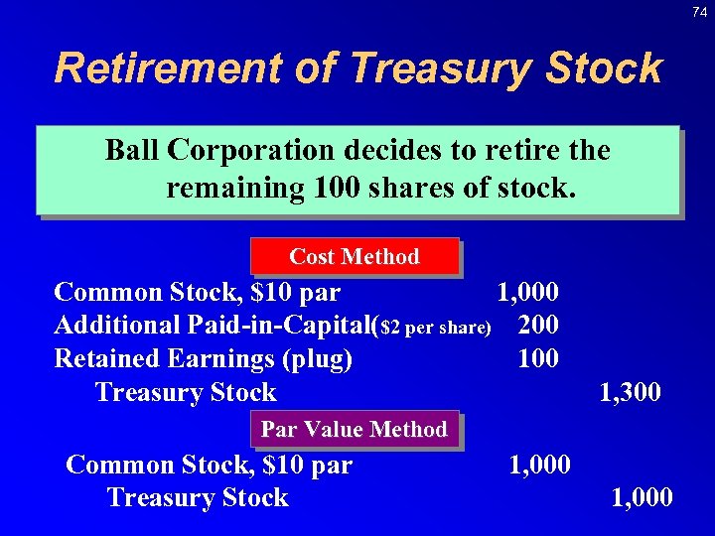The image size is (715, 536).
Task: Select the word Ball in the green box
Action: [133, 151]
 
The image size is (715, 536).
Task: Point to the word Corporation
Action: [251, 151]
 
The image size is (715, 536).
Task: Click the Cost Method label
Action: [355, 256]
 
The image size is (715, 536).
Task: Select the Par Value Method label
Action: [355, 429]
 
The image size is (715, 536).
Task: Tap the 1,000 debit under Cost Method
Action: [527, 292]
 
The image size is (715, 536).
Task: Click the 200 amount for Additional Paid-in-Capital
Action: [538, 325]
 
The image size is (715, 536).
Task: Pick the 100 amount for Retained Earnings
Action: [538, 358]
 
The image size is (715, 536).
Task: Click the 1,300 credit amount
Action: [630, 393]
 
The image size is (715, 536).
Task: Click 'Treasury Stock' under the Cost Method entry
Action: [186, 393]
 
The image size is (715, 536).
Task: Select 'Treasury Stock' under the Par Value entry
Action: [197, 497]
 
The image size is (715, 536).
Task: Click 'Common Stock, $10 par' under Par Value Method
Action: [209, 465]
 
